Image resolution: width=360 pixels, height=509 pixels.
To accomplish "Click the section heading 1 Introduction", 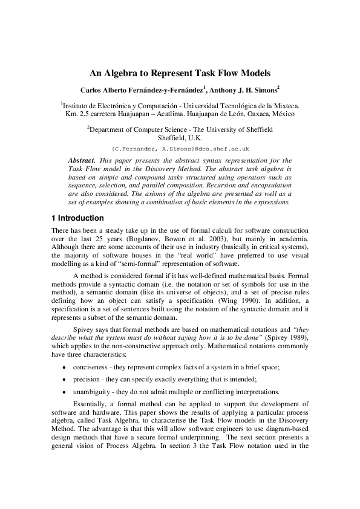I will (77, 218).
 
